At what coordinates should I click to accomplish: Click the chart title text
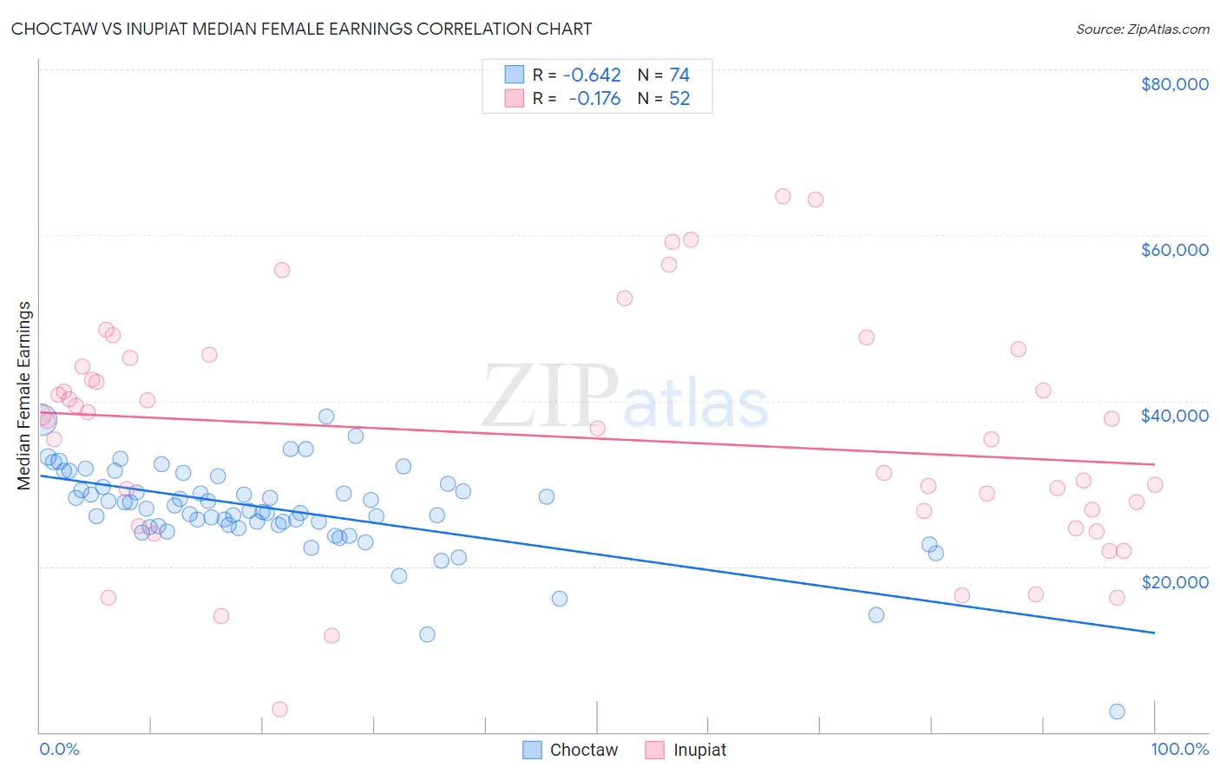point(301,29)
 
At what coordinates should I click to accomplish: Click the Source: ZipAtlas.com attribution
point(1142,29)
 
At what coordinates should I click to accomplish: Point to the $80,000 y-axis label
point(1174,84)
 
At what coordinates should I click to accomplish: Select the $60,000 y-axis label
point(1174,250)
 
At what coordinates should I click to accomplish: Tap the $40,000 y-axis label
point(1174,416)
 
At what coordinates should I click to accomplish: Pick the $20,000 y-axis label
point(1174,581)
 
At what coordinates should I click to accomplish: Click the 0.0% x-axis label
point(59,749)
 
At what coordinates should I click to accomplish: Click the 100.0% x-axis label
point(1180,749)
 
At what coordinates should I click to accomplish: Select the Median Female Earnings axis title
point(24,396)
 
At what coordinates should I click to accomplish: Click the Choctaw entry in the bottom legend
point(570,750)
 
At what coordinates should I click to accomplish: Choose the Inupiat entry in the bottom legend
point(685,750)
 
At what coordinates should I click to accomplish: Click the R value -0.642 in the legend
point(592,75)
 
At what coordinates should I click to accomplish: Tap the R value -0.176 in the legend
point(594,99)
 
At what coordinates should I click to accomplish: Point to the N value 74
point(679,75)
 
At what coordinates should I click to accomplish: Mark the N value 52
point(679,99)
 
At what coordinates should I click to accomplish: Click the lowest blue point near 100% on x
point(1117,712)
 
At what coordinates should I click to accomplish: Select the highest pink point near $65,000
point(783,196)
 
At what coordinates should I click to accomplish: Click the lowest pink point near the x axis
point(279,709)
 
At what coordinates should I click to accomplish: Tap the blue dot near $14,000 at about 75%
point(876,615)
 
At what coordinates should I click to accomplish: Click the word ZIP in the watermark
point(550,397)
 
